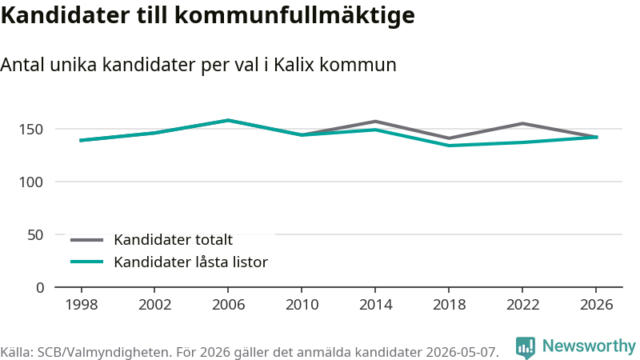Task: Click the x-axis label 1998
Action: pyautogui.click(x=82, y=305)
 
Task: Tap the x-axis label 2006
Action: pyautogui.click(x=228, y=305)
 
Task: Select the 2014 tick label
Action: pyautogui.click(x=375, y=305)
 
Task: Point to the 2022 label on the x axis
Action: pyautogui.click(x=522, y=305)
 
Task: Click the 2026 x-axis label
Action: pyautogui.click(x=596, y=305)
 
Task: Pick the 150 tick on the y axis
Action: pyautogui.click(x=31, y=130)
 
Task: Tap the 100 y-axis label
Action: pyautogui.click(x=31, y=182)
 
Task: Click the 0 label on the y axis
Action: pyautogui.click(x=39, y=288)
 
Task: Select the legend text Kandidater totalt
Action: pyautogui.click(x=173, y=239)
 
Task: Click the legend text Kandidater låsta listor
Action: pyautogui.click(x=190, y=262)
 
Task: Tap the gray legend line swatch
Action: pyautogui.click(x=86, y=240)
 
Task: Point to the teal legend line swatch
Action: pyautogui.click(x=86, y=262)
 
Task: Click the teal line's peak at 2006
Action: pyautogui.click(x=228, y=121)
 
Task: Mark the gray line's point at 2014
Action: pyautogui.click(x=375, y=122)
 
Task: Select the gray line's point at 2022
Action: pyautogui.click(x=522, y=123)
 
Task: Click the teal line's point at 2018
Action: pyautogui.click(x=449, y=146)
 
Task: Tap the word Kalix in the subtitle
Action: pyautogui.click(x=294, y=65)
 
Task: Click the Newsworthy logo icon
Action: pyautogui.click(x=526, y=348)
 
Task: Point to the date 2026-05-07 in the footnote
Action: pyautogui.click(x=462, y=352)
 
